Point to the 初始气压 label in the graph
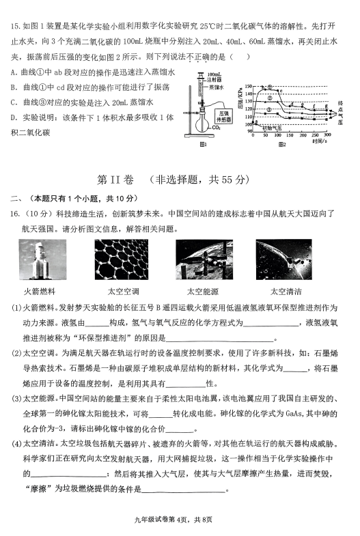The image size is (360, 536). [x=271, y=128]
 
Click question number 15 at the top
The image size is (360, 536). [x=15, y=27]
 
